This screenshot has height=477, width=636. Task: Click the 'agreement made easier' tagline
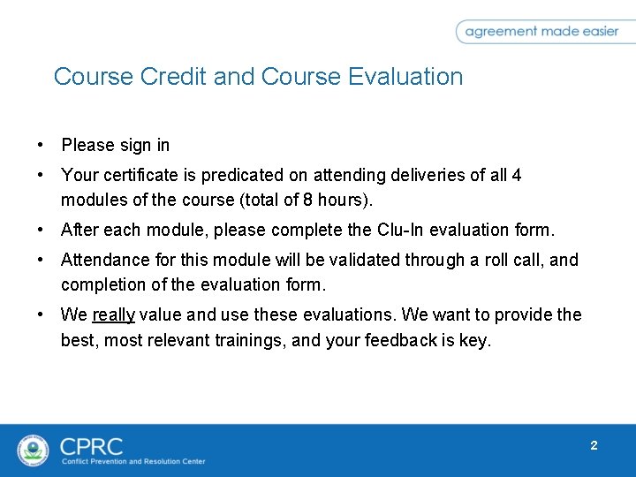(x=541, y=32)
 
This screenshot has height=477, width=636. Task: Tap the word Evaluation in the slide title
(x=405, y=77)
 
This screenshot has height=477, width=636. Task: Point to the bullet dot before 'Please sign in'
(x=41, y=145)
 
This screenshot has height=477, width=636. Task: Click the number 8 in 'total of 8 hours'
(x=307, y=200)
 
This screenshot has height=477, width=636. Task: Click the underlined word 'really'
(x=112, y=314)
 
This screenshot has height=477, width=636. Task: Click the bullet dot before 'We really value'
(x=41, y=314)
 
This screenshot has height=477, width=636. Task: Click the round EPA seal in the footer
(x=34, y=450)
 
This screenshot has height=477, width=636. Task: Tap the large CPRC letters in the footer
(x=91, y=446)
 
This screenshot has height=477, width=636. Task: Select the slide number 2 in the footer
(x=594, y=445)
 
